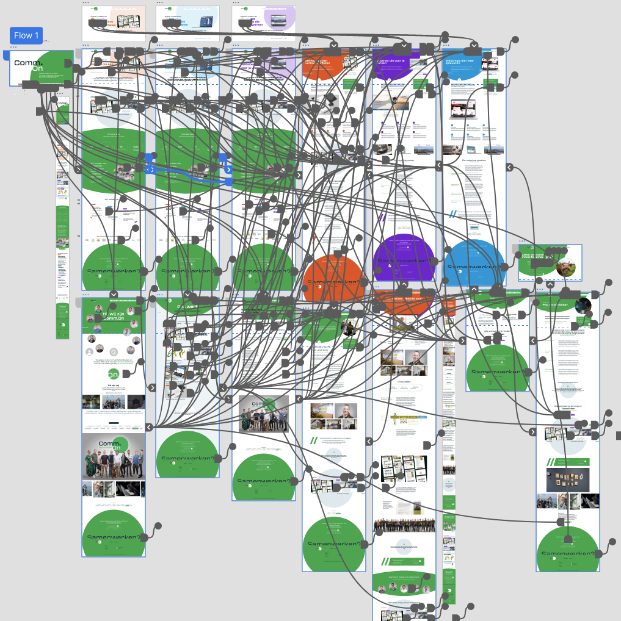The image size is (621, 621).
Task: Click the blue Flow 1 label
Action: (x=26, y=36)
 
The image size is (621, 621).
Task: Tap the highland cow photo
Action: (x=565, y=267)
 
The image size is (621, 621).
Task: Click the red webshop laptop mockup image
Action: (x=463, y=110)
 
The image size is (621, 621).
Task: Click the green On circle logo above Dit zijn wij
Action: (x=114, y=374)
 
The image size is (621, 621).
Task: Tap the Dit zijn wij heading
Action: (x=114, y=386)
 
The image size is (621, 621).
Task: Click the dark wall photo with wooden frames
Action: (x=568, y=479)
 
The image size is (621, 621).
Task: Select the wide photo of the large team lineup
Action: (x=404, y=525)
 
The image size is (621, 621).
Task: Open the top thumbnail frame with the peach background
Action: (x=114, y=23)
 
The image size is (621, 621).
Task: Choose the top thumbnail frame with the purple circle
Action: (x=264, y=23)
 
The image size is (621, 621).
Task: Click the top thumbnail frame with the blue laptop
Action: (x=187, y=23)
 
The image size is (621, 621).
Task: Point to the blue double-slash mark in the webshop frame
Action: (x=453, y=214)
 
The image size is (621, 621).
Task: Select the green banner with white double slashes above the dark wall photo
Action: (x=568, y=462)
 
